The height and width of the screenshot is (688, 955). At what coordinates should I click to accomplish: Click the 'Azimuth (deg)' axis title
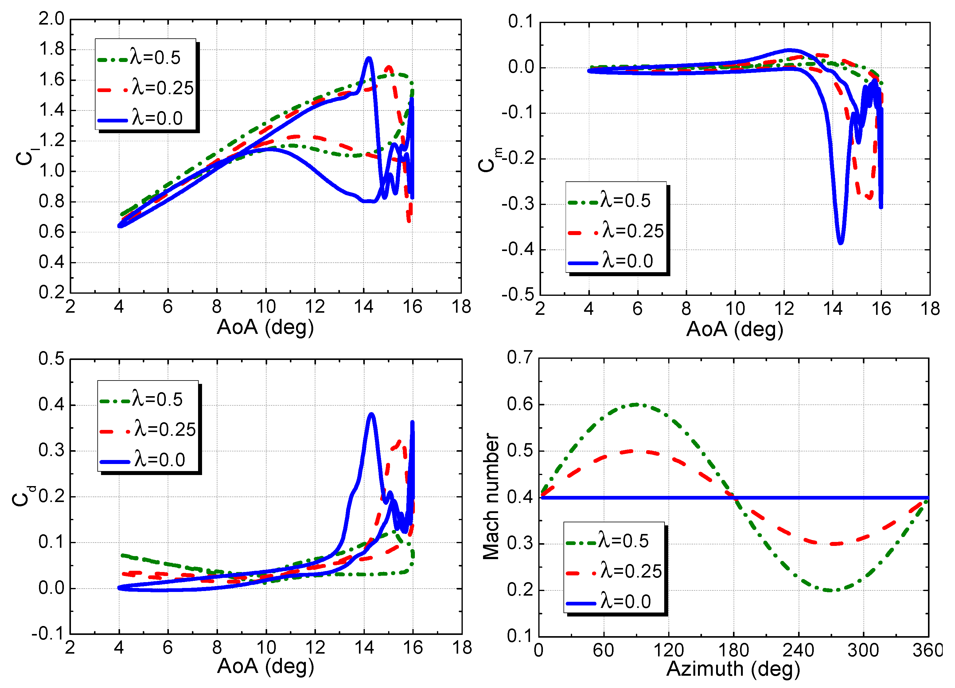pyautogui.click(x=733, y=669)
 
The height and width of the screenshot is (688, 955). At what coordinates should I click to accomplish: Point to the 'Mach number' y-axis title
pyautogui.click(x=491, y=497)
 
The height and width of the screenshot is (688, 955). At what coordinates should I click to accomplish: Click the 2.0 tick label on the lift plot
pyautogui.click(x=51, y=19)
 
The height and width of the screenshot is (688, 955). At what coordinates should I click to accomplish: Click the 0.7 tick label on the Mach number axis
pyautogui.click(x=520, y=358)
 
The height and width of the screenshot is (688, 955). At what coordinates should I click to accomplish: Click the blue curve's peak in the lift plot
pyautogui.click(x=369, y=58)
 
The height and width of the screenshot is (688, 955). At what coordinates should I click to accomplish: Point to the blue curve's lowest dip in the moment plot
pyautogui.click(x=840, y=243)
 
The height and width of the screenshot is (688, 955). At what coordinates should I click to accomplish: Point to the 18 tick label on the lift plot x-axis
pyautogui.click(x=461, y=307)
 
